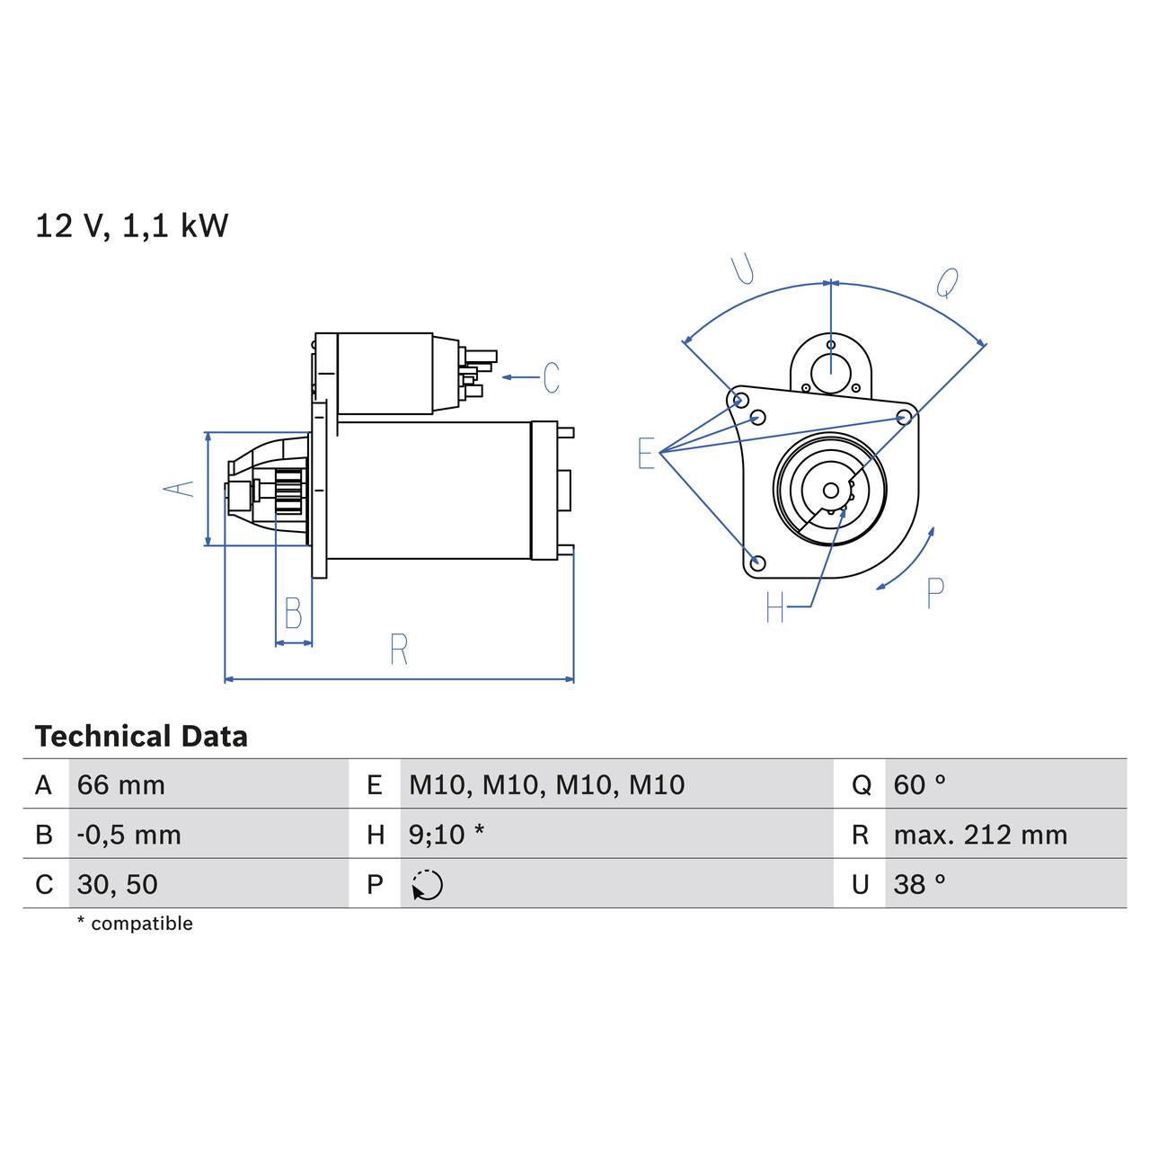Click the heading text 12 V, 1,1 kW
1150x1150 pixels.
pyautogui.click(x=132, y=226)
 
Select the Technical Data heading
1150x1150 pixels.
pyautogui.click(x=141, y=737)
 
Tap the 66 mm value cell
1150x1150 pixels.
pyautogui.click(x=121, y=785)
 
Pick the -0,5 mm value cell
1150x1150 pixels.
pyautogui.click(x=129, y=835)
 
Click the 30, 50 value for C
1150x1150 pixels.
pyautogui.click(x=118, y=885)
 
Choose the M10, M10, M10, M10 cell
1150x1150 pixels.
pyautogui.click(x=546, y=785)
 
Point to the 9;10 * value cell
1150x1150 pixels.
pyautogui.click(x=447, y=835)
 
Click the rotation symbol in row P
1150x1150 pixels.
pyautogui.click(x=428, y=885)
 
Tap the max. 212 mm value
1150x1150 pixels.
pyautogui.click(x=980, y=835)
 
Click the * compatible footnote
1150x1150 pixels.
pyautogui.click(x=135, y=924)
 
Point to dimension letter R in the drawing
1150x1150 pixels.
pyautogui.click(x=399, y=649)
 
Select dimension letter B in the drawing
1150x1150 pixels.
pyautogui.click(x=293, y=613)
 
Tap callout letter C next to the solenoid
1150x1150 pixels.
pyautogui.click(x=551, y=377)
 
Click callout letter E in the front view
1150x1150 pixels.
pyautogui.click(x=646, y=454)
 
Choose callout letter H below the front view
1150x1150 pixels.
pyautogui.click(x=775, y=607)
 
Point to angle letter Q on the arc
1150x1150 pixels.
pyautogui.click(x=947, y=283)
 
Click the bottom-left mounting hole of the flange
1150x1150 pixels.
pyautogui.click(x=757, y=563)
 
